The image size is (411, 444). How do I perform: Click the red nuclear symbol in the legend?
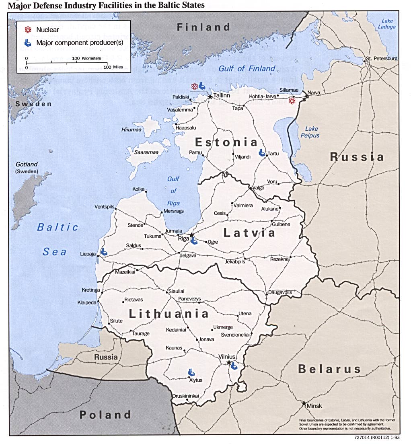pos(28,30)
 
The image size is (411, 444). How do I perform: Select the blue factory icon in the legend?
pos(28,42)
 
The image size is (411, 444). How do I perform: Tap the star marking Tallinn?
pos(210,97)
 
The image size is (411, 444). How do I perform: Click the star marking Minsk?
pos(304,403)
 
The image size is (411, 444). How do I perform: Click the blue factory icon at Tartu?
pos(262,152)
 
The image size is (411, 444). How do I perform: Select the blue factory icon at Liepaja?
pos(104,252)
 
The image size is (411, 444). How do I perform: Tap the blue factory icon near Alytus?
pos(191,373)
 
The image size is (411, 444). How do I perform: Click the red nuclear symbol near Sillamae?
pos(292,101)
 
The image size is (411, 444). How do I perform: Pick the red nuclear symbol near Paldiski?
pos(194,86)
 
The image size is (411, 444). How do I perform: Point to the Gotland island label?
pos(27,164)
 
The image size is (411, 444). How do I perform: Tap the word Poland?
pos(105,415)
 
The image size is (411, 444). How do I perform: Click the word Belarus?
pos(329,369)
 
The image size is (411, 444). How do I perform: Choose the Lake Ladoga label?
pos(386,24)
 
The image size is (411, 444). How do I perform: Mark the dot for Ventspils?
pos(116,208)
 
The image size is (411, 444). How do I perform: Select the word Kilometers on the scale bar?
pos(91,58)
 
